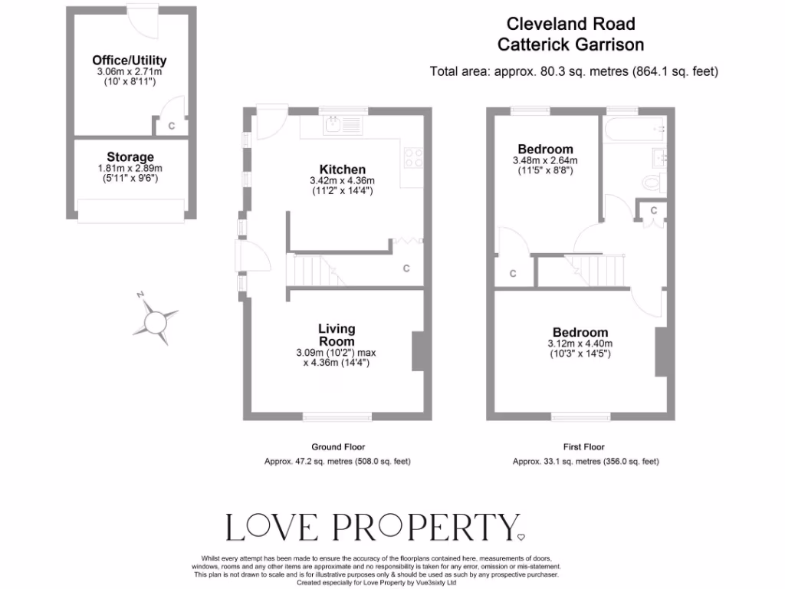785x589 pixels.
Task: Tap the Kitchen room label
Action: tap(342, 169)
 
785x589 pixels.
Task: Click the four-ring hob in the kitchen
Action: tap(413, 157)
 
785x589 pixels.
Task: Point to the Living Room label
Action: tap(337, 334)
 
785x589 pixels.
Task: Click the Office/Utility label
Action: tap(129, 61)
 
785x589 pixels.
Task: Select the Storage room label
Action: tap(130, 157)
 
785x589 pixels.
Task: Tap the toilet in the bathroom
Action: tap(653, 183)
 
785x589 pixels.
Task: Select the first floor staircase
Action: tap(597, 269)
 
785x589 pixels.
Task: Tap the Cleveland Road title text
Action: tap(571, 25)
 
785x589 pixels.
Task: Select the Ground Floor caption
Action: tap(338, 446)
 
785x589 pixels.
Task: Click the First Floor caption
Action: tap(583, 446)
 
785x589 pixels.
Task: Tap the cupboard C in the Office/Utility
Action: tap(171, 126)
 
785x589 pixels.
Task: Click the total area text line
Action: tap(573, 72)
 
